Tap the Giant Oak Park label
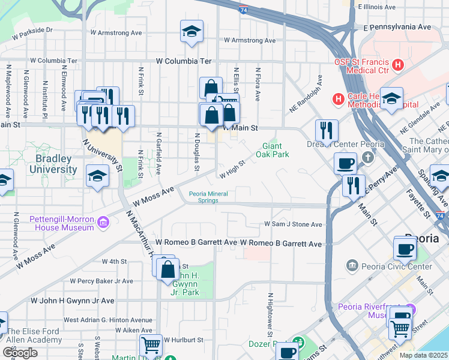click(x=273, y=150)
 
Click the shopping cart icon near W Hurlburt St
click(x=151, y=345)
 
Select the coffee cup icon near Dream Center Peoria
click(x=346, y=162)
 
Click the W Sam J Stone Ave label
click(x=294, y=224)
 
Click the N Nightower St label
click(x=271, y=315)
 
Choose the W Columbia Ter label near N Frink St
click(x=184, y=61)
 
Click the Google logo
click(x=20, y=353)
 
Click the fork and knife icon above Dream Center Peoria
click(x=327, y=129)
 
